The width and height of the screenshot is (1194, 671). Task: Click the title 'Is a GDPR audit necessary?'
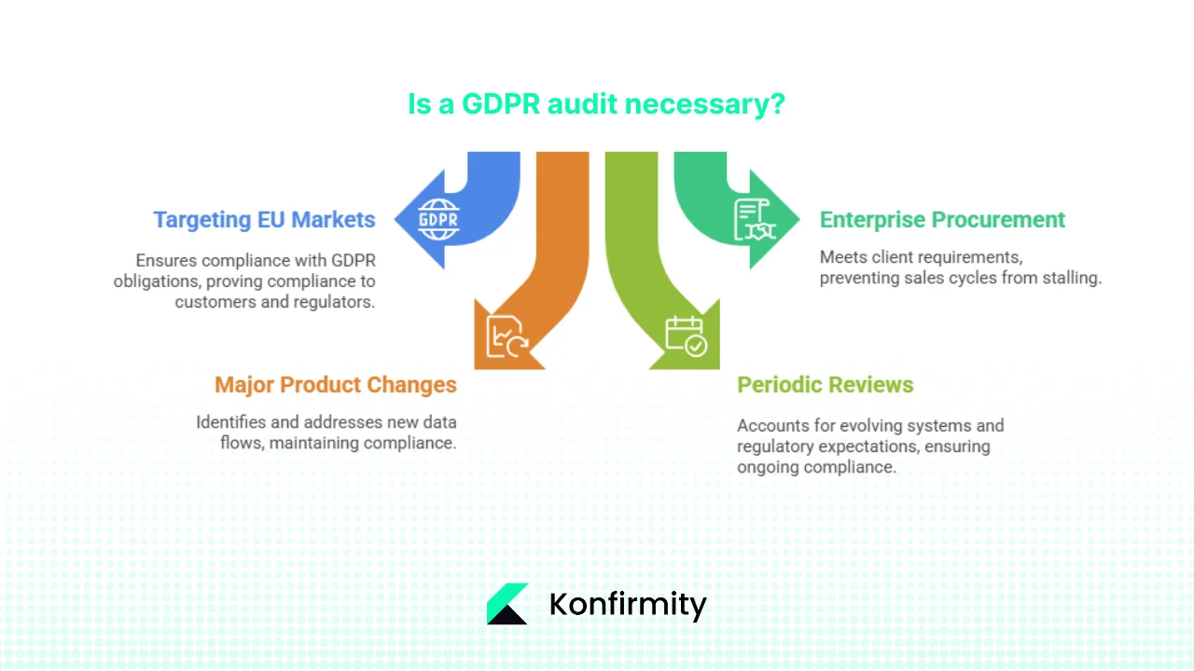[x=596, y=103]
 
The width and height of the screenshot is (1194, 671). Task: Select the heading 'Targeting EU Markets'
[x=264, y=220]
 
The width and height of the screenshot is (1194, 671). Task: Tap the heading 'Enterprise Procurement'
[x=942, y=220]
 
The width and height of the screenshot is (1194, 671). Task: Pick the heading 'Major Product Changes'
[x=336, y=385]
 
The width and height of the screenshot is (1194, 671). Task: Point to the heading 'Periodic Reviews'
[x=825, y=385]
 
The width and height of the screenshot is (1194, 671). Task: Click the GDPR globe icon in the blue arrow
[x=438, y=220]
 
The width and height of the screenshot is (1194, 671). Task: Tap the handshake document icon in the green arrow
[x=755, y=220]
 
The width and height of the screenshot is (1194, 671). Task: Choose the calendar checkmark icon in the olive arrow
[x=686, y=336]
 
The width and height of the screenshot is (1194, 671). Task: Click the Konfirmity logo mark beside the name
[x=507, y=604]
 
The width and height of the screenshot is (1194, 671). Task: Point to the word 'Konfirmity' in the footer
[x=628, y=604]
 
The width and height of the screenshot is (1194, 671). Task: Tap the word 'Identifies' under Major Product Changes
[x=229, y=422]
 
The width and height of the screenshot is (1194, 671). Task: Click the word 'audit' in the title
[x=583, y=103]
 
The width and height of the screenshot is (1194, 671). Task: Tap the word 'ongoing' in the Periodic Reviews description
[x=767, y=467]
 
